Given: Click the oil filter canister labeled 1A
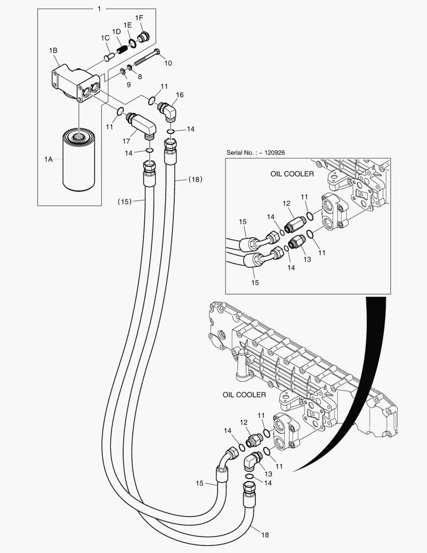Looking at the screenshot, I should click(x=79, y=160).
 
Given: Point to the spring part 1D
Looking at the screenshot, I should click(x=122, y=50).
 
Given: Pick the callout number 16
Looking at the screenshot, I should click(x=179, y=95).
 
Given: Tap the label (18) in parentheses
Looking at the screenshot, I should click(x=195, y=179).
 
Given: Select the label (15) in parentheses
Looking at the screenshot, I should click(x=125, y=202).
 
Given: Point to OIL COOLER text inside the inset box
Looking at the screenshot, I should click(x=292, y=174).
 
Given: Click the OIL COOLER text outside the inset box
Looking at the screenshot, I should click(x=244, y=395).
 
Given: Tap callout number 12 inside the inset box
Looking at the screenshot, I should click(x=286, y=204).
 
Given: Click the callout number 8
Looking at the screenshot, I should click(x=139, y=77).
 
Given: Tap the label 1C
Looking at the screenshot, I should click(x=105, y=38).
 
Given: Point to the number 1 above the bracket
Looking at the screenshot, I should click(x=99, y=9).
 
